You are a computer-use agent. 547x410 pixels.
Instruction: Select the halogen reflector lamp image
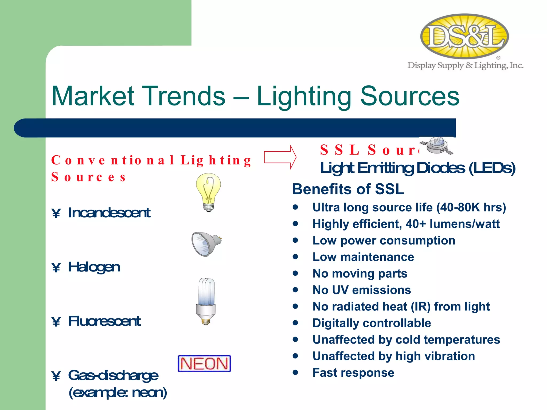pyautogui.click(x=206, y=243)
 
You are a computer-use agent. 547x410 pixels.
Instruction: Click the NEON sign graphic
pyautogui.click(x=204, y=364)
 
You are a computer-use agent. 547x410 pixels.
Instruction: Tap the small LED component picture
pyautogui.click(x=437, y=145)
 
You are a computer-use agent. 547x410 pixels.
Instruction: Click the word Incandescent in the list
pyautogui.click(x=109, y=213)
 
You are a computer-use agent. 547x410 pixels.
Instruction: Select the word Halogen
pyautogui.click(x=94, y=267)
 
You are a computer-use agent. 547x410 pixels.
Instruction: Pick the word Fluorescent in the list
pyautogui.click(x=104, y=321)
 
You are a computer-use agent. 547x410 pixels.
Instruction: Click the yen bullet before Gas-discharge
pyautogui.click(x=56, y=376)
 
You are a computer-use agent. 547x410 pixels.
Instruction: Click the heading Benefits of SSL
pyautogui.click(x=348, y=189)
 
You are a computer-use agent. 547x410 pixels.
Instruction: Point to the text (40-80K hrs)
pyautogui.click(x=471, y=207)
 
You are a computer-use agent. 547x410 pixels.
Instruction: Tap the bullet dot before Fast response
pyautogui.click(x=295, y=372)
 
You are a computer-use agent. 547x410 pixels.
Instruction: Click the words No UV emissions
pyautogui.click(x=361, y=290)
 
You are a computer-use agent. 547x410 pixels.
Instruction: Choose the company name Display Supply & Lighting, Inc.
pyautogui.click(x=465, y=65)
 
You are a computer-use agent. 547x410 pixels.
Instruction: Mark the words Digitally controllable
pyautogui.click(x=372, y=323)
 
